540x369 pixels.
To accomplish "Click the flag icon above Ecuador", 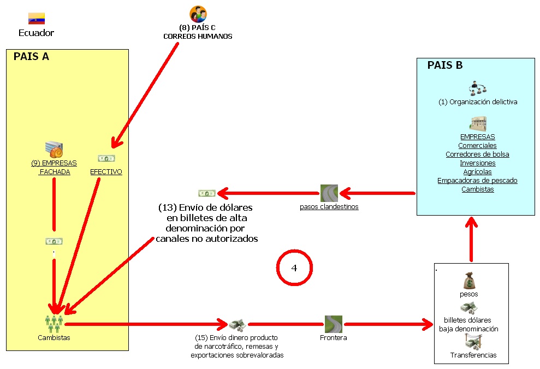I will coord(37,19).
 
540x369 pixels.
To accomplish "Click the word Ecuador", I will coord(37,33).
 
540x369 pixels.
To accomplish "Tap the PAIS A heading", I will coord(31,56).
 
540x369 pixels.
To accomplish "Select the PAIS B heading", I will coord(445,65).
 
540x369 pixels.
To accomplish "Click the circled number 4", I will coord(294,268).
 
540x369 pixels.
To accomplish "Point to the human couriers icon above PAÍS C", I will coord(198,14).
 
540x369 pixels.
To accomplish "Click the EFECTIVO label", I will coord(106,171).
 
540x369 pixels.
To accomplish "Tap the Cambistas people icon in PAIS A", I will coord(54,323).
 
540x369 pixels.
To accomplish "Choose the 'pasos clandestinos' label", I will coord(329,207).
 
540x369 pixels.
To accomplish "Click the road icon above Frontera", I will coord(333,324).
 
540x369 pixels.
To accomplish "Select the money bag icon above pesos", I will coord(468,282).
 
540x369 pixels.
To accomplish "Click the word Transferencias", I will coord(473,355).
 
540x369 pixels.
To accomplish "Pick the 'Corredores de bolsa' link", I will coord(477,154).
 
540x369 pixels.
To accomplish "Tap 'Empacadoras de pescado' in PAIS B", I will coord(477,181).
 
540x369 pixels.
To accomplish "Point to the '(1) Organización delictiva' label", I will coord(478,102).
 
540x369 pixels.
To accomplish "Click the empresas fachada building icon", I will coord(54,150).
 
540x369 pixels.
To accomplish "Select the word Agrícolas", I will coord(477,172).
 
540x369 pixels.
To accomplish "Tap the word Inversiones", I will coord(477,163).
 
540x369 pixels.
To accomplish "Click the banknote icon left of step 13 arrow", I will coord(207,193).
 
